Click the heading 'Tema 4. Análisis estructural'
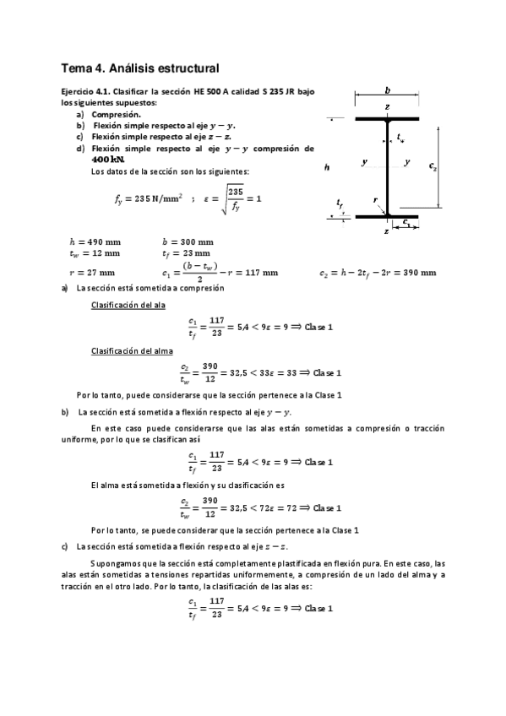(140, 68)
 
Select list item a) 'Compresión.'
(116, 114)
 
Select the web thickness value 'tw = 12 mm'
(94, 252)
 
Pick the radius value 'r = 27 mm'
(91, 273)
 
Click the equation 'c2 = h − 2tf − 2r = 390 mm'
(378, 273)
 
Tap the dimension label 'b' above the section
(387, 89)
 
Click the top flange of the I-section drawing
(387, 119)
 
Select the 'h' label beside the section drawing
(327, 167)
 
